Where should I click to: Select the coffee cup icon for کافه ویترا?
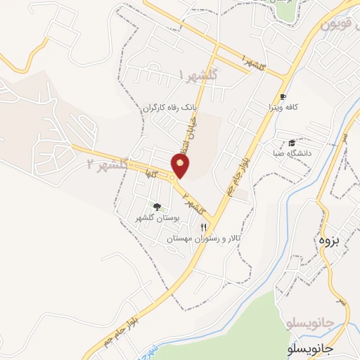click(x=283, y=96)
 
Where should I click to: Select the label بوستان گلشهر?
click(x=158, y=219)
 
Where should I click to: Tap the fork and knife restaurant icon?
click(x=204, y=227)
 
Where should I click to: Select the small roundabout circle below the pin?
click(x=173, y=178)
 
